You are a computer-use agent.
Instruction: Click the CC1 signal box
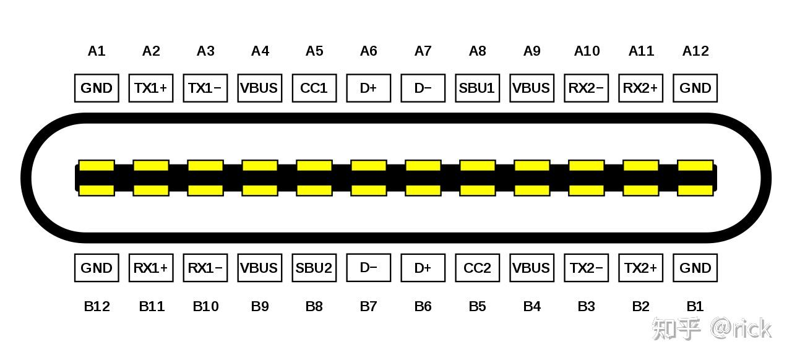tap(314, 88)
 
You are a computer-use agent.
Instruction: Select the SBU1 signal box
tap(477, 88)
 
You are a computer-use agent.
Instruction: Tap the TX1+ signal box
tap(151, 88)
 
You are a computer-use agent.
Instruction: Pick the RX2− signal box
tap(586, 88)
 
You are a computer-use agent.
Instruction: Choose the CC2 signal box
tap(477, 268)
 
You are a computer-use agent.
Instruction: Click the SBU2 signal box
tap(314, 268)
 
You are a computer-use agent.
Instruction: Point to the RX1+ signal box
tap(151, 268)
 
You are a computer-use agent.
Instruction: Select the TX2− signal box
tap(586, 268)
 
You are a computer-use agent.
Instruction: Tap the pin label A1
tap(97, 51)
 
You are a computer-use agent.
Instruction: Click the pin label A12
tap(695, 51)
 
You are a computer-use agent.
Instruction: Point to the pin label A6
tap(368, 51)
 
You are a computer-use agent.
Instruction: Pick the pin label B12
tap(97, 306)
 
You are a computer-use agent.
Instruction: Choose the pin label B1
tap(695, 306)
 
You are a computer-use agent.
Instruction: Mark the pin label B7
tap(368, 306)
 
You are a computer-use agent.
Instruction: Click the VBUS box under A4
tap(259, 88)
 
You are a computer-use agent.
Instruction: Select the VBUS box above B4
tap(532, 268)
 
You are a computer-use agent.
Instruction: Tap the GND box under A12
tap(695, 88)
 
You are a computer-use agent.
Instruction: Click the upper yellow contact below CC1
tap(314, 166)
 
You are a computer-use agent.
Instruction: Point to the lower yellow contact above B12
tap(97, 190)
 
